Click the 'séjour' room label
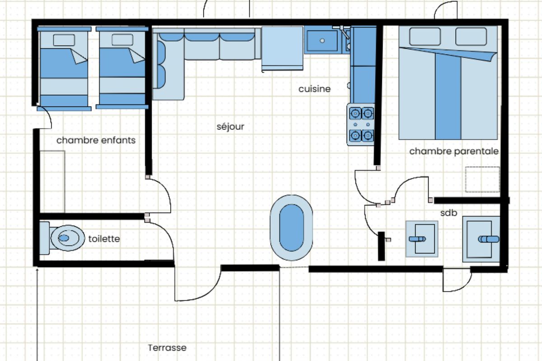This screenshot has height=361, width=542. point(230,127)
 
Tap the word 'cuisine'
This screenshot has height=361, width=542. point(314,89)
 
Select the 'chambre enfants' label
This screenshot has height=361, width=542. point(96,140)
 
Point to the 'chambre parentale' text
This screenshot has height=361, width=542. point(454,151)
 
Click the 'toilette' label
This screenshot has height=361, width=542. point(104,239)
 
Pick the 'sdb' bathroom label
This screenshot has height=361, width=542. point(449,213)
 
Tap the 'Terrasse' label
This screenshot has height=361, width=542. point(167,348)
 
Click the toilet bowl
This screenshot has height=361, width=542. point(68,238)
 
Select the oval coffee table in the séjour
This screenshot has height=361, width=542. point(291,228)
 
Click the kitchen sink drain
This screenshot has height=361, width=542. point(322,41)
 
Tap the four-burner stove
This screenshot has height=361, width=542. point(361,125)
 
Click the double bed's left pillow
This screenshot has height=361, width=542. point(425,37)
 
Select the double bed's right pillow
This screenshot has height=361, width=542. point(471,37)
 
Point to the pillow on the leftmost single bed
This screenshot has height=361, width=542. point(64,40)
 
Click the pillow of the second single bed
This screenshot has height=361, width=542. point(122,40)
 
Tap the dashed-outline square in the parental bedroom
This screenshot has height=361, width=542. point(483,180)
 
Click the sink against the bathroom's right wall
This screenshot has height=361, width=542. point(481,239)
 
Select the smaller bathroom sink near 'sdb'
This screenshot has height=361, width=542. point(422,239)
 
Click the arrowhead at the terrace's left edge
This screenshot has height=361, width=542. point(37,270)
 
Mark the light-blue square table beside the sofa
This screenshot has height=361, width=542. point(282,48)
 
